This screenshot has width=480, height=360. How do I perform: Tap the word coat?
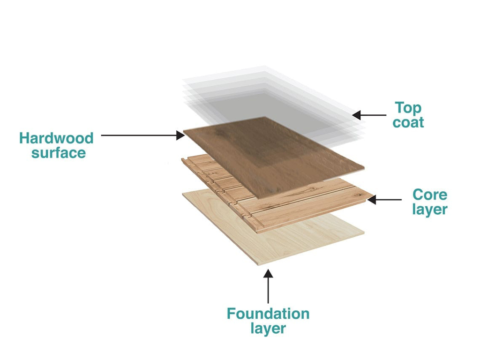click(x=409, y=123)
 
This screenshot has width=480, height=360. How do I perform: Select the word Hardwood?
click(x=56, y=138)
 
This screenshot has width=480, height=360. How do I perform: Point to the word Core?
click(x=430, y=194)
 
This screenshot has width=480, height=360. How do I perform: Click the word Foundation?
click(x=268, y=314)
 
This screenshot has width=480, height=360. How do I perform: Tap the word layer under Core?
click(x=430, y=209)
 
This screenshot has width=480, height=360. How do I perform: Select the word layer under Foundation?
click(x=268, y=328)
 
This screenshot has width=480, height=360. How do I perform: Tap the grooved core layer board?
click(x=300, y=206)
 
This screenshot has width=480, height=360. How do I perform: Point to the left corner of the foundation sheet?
click(x=183, y=194)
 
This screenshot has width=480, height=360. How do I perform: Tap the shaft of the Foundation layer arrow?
click(x=268, y=291)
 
